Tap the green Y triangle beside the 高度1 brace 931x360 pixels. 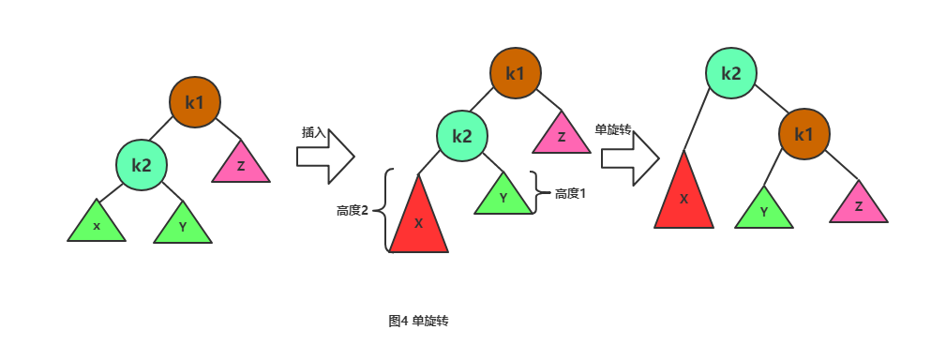[503, 197]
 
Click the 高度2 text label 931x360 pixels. [353, 211]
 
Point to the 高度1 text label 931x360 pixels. [570, 194]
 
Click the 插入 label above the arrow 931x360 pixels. [314, 132]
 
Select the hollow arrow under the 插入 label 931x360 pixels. [325, 157]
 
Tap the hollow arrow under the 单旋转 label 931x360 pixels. [631, 158]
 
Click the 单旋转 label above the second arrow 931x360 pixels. [612, 129]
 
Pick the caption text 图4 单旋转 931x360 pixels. [418, 321]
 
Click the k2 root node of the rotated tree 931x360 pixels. [731, 73]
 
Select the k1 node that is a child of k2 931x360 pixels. [803, 134]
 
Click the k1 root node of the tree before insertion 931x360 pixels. [195, 102]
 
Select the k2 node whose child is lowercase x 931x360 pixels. [142, 165]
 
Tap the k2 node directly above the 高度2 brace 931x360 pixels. [462, 136]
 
